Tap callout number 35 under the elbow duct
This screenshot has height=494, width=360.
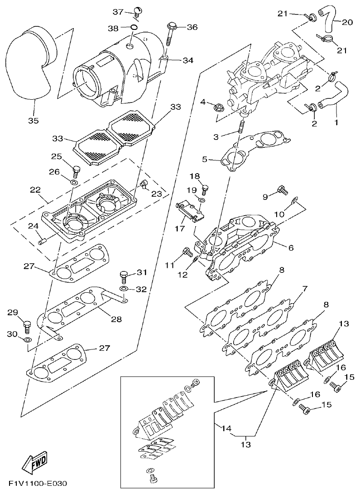33,121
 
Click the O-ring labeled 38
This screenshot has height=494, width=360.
134,28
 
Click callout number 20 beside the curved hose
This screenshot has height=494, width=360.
347,22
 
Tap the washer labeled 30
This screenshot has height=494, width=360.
27,339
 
